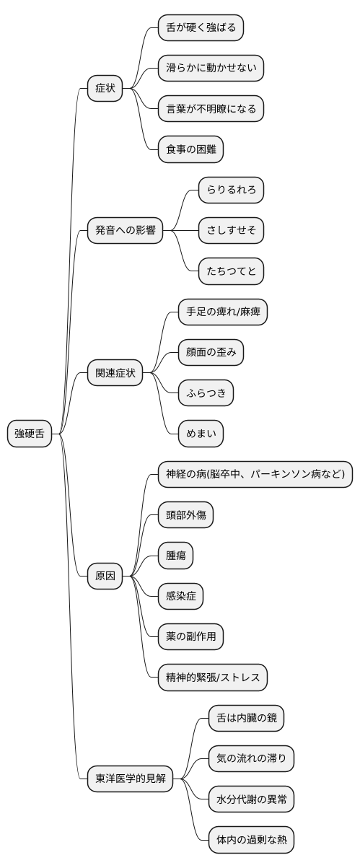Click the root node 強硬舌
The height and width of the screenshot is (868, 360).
pos(30,434)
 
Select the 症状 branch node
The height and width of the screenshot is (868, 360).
pos(105,89)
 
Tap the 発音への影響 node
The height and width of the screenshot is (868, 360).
pos(126,231)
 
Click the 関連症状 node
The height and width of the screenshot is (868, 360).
pos(115,373)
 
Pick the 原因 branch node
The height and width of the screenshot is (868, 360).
pos(105,576)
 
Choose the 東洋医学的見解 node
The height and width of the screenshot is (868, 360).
pos(131,779)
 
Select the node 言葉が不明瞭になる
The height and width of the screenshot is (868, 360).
pos(211,109)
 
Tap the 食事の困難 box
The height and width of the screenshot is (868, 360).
pos(191,149)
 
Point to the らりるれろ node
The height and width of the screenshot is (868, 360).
pos(231,190)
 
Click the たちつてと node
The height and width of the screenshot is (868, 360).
pos(231,271)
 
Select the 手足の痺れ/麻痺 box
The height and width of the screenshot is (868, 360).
pos(217,312)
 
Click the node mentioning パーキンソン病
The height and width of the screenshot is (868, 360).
pos(255,475)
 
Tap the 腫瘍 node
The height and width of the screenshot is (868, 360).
pos(176,556)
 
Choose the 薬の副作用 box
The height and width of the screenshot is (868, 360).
pos(191,636)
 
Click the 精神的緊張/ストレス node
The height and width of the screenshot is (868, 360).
pos(214,677)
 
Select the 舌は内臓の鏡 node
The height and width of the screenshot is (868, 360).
pos(241,718)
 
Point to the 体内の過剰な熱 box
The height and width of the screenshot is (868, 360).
pos(246,840)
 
